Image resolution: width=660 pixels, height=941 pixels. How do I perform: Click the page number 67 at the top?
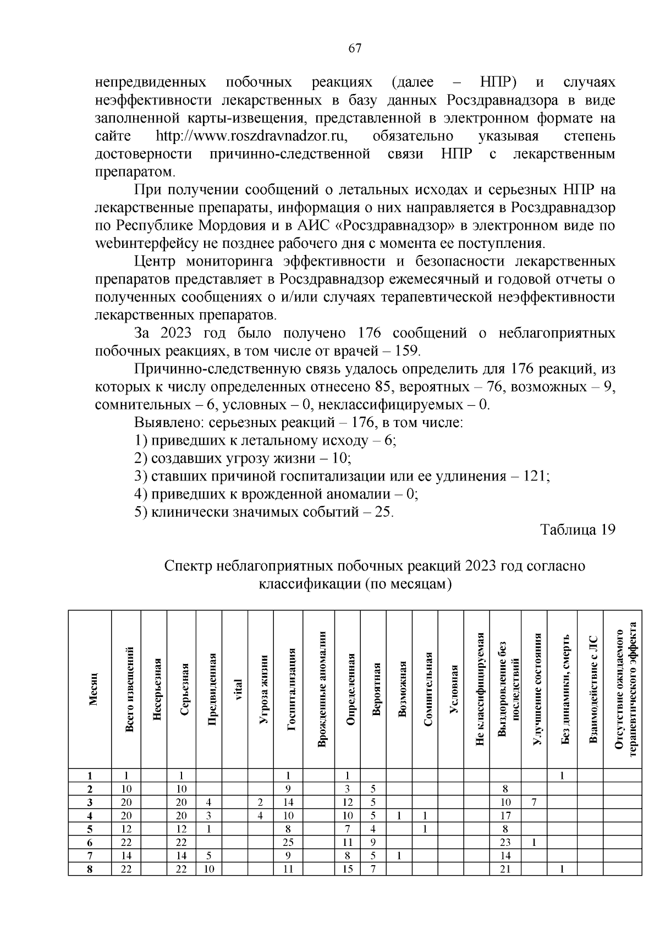click(x=355, y=48)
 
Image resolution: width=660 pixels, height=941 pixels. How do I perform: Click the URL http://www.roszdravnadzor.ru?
click(x=254, y=136)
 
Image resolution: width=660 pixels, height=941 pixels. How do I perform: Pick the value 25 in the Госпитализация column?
click(x=288, y=842)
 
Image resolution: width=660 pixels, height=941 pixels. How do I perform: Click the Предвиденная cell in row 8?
click(x=209, y=869)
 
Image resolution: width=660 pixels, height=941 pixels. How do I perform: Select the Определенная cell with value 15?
click(x=348, y=869)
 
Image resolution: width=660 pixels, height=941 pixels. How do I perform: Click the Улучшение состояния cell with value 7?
click(x=534, y=802)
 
